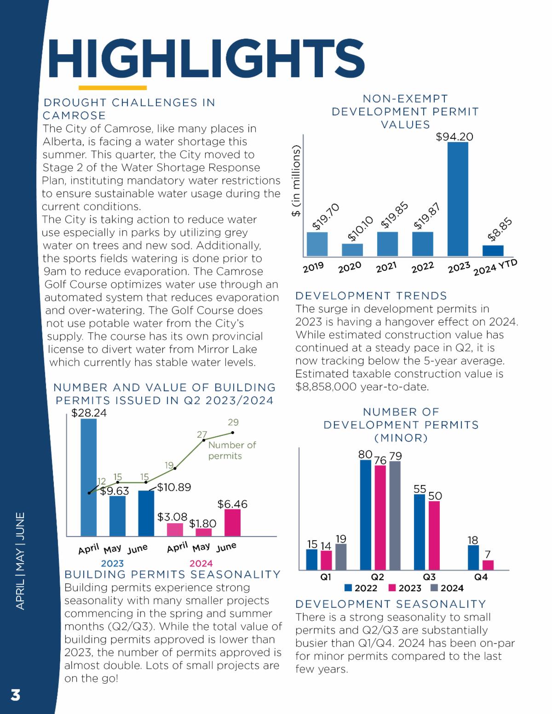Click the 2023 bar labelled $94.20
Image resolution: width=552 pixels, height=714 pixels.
[458, 199]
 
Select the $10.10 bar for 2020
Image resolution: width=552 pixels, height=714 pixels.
[352, 250]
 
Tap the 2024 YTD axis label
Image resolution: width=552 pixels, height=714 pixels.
[495, 267]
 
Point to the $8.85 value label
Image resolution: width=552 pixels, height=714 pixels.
[500, 230]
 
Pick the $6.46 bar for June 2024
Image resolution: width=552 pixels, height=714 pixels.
[232, 522]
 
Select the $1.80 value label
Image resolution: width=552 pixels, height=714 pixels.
[202, 524]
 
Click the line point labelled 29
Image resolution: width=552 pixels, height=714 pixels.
[233, 433]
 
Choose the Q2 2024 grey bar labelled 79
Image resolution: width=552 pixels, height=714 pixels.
[395, 515]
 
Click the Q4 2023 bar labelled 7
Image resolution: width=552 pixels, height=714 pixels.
[488, 565]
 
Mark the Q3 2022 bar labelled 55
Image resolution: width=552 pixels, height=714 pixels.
[420, 532]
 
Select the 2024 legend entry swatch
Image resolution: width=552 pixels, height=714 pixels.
[434, 588]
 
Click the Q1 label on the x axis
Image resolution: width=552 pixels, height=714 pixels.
[326, 577]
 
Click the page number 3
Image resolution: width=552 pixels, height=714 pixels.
[16, 695]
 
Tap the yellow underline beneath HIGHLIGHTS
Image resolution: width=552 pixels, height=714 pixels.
[113, 87]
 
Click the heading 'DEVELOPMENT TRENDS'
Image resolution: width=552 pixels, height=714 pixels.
[371, 296]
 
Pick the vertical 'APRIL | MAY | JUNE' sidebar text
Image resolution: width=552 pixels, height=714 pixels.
[20, 561]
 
